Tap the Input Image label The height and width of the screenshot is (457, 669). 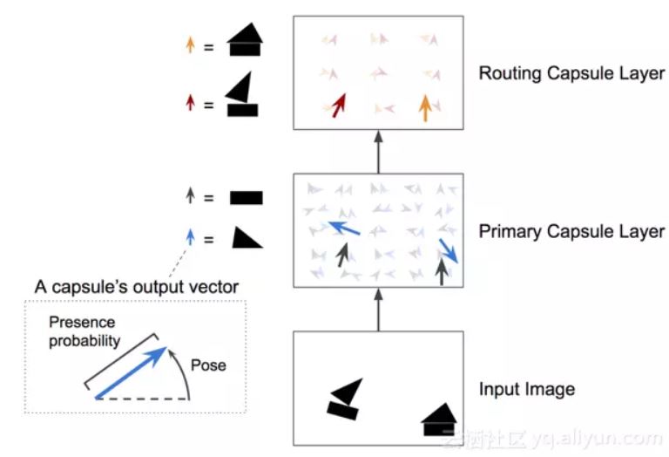pyautogui.click(x=527, y=388)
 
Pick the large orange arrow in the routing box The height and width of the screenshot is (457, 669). pyautogui.click(x=425, y=106)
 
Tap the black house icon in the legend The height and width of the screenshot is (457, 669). pyautogui.click(x=244, y=39)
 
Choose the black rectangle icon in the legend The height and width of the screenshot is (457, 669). pyautogui.click(x=246, y=198)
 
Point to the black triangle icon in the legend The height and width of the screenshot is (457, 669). pyautogui.click(x=246, y=237)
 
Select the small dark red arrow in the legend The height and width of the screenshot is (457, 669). pyautogui.click(x=190, y=103)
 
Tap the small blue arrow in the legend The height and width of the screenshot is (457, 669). pyautogui.click(x=190, y=237)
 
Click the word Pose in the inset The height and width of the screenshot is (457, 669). pyautogui.click(x=206, y=365)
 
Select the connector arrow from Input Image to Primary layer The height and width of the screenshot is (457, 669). pyautogui.click(x=378, y=309)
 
